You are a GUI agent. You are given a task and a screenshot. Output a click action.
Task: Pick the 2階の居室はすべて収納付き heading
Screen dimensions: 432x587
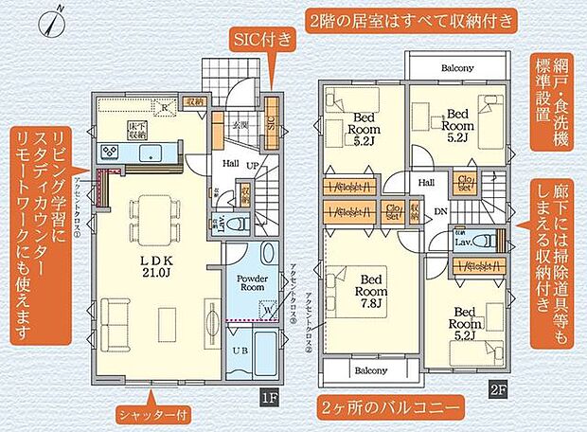click(410, 19)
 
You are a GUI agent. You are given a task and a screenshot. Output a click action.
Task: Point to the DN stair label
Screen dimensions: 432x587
click(438, 212)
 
